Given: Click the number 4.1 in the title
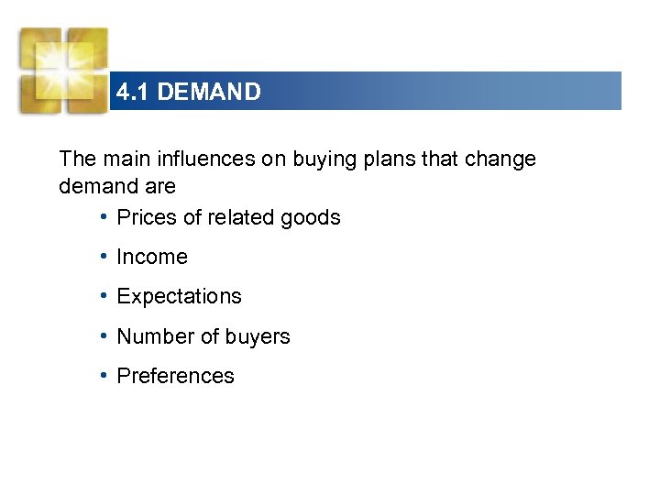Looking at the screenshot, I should pos(134,92).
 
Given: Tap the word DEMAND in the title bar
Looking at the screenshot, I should pos(209,92).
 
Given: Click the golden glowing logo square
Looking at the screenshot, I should pos(63,70).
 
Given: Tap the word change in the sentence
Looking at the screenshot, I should pos(500,159).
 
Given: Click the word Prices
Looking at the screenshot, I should pos(147,217).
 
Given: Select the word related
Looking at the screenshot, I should pos(242,217).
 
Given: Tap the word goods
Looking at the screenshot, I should pos(311,218).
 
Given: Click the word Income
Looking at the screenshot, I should pos(152,258).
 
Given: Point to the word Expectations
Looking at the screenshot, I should pos(180,297).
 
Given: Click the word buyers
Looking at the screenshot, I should pos(259,337).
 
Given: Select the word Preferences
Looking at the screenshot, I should pos(176,376).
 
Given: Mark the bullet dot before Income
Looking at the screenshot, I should pos(105,257).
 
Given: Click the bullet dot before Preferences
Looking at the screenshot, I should pos(105,375).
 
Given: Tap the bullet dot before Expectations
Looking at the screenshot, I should pos(105,296).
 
